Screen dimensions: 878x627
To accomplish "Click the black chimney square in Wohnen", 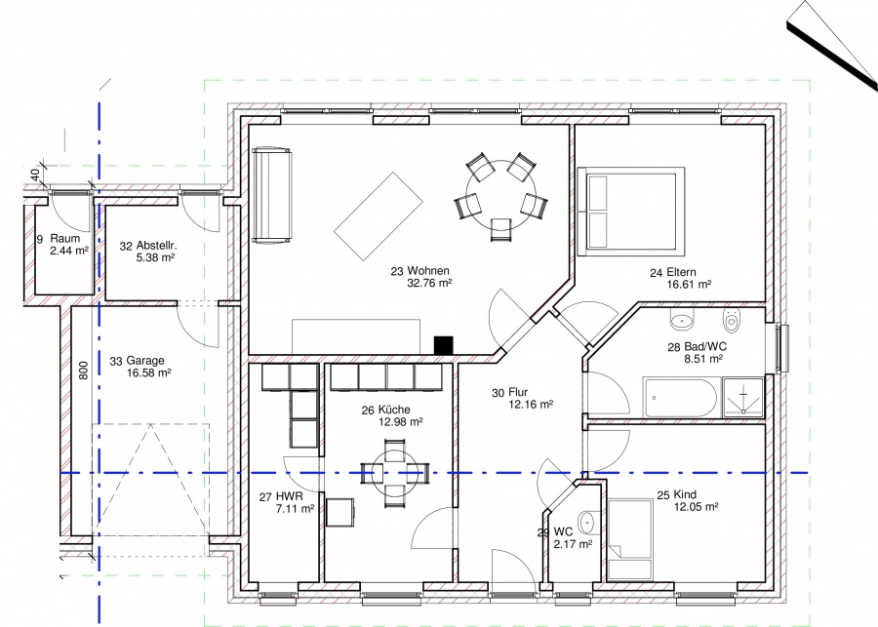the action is [444, 345].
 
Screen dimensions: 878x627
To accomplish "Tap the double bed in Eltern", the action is [631, 211].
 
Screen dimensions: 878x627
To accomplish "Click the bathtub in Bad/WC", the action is [680, 398].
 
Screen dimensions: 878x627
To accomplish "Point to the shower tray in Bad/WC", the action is [743, 398].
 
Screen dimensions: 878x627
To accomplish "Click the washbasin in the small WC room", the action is [586, 523].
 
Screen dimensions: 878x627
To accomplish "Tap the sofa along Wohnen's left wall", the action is [271, 195].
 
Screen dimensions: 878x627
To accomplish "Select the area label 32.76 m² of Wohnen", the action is [429, 283].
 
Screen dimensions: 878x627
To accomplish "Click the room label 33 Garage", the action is [138, 361].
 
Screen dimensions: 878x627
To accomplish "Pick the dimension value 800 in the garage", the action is [84, 370].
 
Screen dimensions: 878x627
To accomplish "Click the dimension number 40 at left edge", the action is [35, 175].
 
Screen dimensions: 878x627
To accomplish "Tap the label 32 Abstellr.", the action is [148, 246].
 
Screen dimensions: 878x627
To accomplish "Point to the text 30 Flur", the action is [509, 392].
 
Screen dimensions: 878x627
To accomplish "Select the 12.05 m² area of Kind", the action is [696, 507].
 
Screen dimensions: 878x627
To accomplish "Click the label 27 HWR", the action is [281, 496].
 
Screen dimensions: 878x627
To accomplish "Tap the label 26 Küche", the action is [385, 411].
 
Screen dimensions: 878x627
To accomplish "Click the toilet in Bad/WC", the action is [731, 320].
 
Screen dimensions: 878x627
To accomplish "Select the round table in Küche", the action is [395, 473].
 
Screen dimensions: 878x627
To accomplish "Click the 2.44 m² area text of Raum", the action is [69, 251].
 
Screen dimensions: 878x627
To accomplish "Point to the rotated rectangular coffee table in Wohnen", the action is [378, 216].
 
